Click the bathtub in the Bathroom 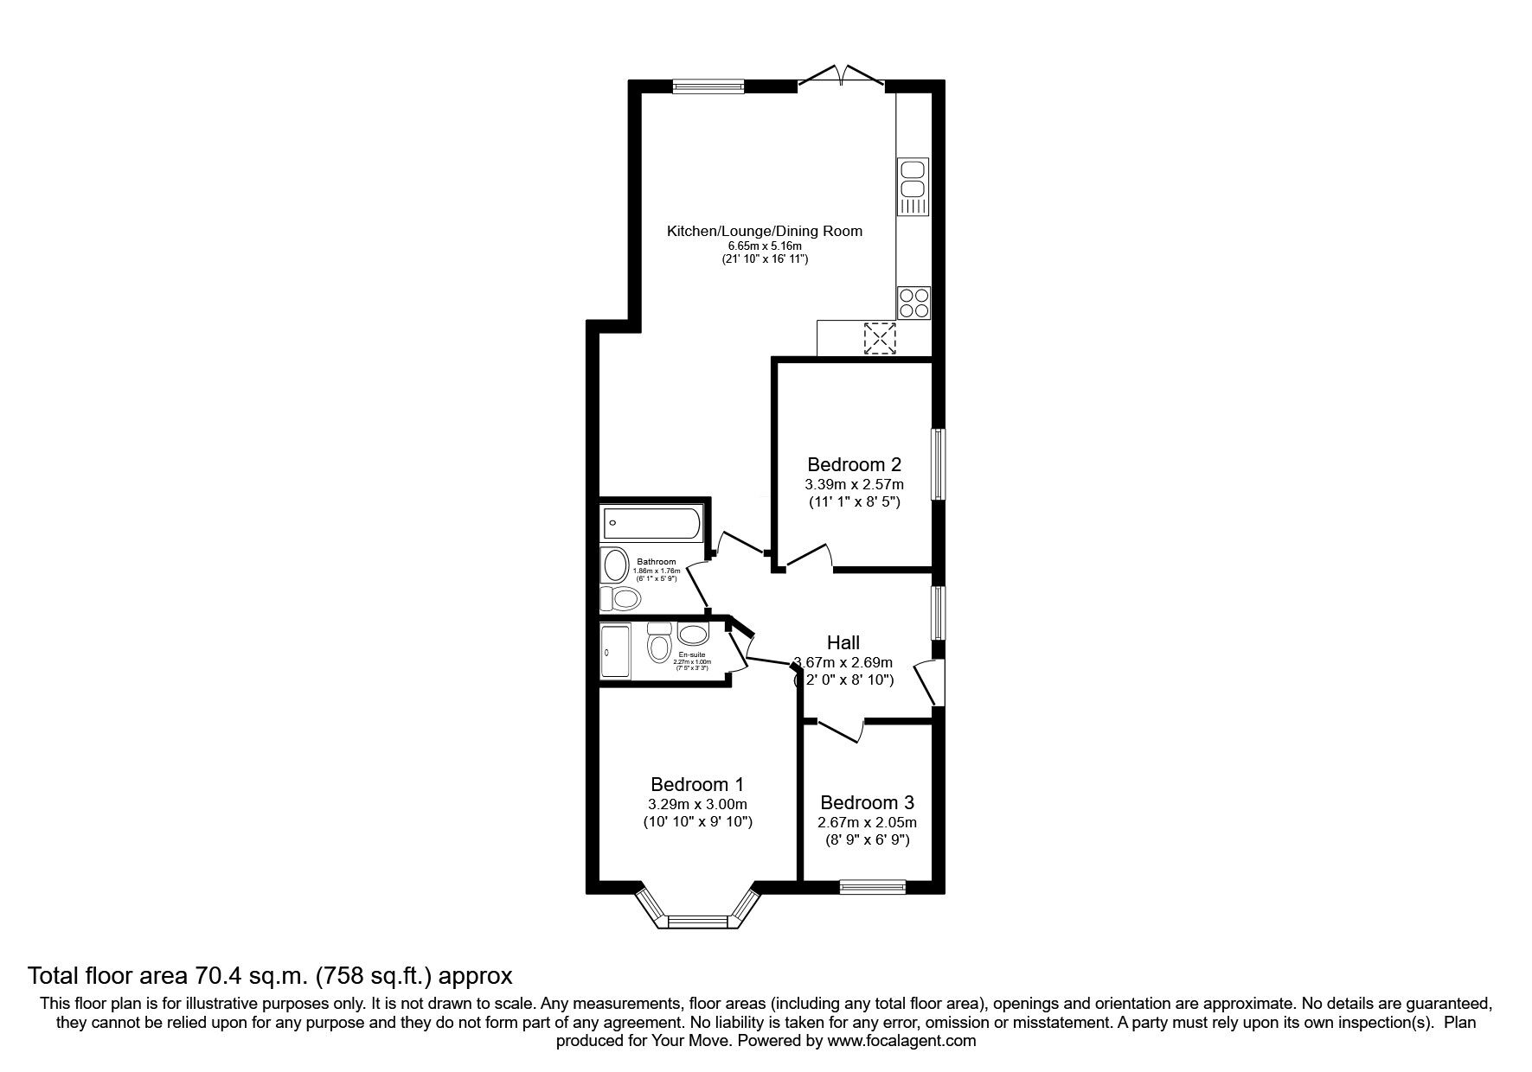pyautogui.click(x=652, y=521)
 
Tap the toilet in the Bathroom pyautogui.click(x=621, y=597)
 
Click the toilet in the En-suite pyautogui.click(x=659, y=643)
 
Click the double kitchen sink pyautogui.click(x=912, y=180)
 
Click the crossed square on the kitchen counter pyautogui.click(x=880, y=338)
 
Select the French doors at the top pyautogui.click(x=841, y=79)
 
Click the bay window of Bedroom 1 pyautogui.click(x=695, y=919)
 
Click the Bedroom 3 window pyautogui.click(x=872, y=885)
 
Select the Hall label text pyautogui.click(x=843, y=642)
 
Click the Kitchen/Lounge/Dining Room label pyautogui.click(x=764, y=231)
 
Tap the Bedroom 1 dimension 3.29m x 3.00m pyautogui.click(x=697, y=804)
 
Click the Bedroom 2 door pyautogui.click(x=806, y=558)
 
